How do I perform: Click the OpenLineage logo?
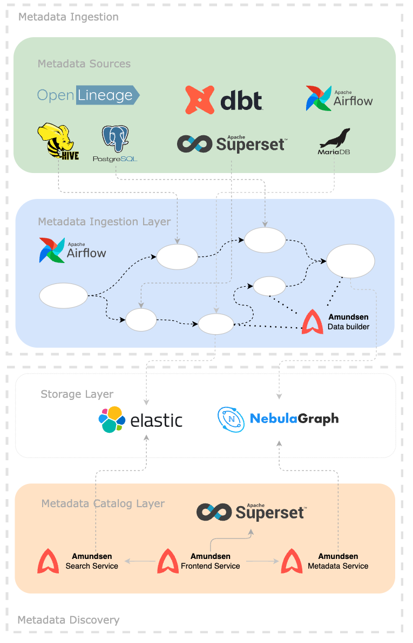tap(88, 95)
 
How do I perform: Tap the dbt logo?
tap(224, 100)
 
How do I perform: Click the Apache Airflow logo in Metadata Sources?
tap(339, 98)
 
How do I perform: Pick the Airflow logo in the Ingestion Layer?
tap(72, 250)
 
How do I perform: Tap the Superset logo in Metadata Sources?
tap(232, 143)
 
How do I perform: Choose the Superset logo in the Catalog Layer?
tap(251, 512)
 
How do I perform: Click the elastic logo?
tap(140, 420)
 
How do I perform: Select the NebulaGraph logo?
tap(278, 419)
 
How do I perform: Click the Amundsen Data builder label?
tap(348, 322)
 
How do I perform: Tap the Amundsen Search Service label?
tap(92, 561)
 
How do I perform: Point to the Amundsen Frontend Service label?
tap(211, 561)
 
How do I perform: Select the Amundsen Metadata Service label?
tap(338, 561)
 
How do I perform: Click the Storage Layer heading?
tap(77, 394)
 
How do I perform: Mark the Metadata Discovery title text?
tap(69, 620)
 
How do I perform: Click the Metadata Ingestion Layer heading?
tap(104, 222)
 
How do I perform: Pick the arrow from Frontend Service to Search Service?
tap(139, 562)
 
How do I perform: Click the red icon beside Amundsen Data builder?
tap(313, 322)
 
